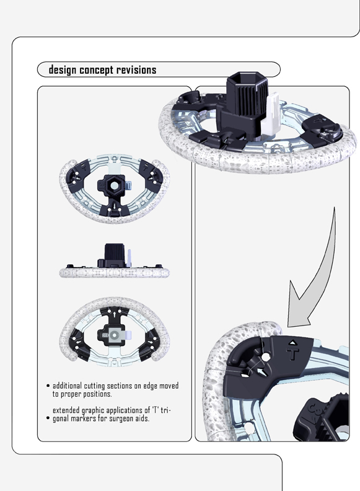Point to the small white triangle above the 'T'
tap(291, 342)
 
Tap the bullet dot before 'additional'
tap(48, 386)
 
